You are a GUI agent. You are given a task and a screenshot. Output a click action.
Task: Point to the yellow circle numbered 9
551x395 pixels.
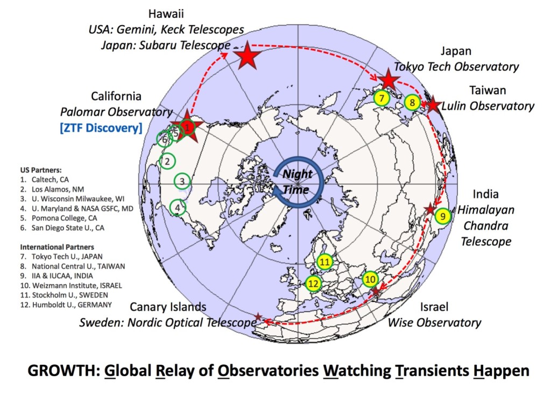click(442, 216)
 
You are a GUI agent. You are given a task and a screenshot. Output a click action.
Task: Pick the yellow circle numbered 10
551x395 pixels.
click(370, 279)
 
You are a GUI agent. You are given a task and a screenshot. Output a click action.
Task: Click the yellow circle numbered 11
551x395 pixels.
click(324, 262)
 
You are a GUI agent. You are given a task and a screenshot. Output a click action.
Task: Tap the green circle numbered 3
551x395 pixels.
click(183, 181)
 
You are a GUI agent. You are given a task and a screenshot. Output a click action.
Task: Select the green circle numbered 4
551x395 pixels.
click(178, 207)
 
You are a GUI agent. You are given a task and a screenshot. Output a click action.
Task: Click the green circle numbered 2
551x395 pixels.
click(168, 160)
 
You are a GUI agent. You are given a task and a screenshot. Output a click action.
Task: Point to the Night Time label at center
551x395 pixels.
click(296, 182)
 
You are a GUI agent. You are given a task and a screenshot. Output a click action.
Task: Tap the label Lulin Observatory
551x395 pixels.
click(488, 106)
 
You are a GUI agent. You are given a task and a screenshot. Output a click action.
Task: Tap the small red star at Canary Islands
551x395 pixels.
click(258, 317)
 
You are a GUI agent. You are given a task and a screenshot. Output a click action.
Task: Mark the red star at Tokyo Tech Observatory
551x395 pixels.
click(388, 80)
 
